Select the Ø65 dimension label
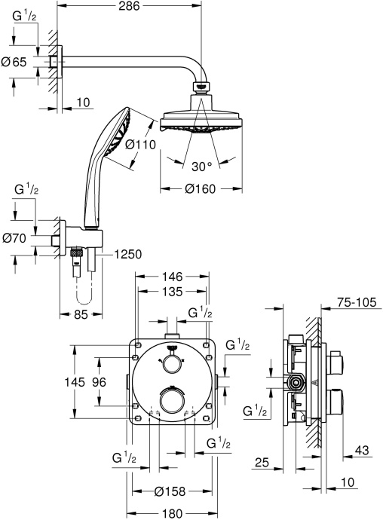point(14,63)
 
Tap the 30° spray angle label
point(200,165)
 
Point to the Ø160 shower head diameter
point(200,188)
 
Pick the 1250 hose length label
point(130,255)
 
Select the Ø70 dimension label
point(15,238)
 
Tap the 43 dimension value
point(362,451)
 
